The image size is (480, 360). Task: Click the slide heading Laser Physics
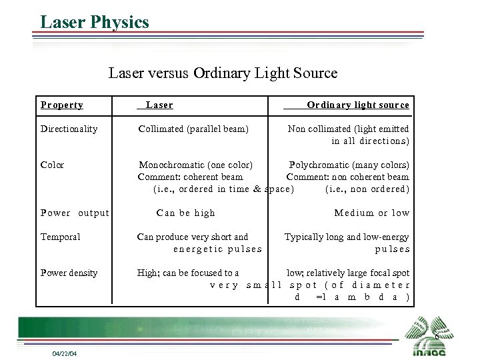tap(95, 22)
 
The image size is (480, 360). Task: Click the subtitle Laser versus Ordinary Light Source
tap(223, 73)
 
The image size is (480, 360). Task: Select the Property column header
tap(62, 105)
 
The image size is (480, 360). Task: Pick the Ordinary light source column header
tap(357, 105)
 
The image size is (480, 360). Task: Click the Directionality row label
tap(69, 129)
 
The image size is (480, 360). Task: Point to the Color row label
tap(52, 165)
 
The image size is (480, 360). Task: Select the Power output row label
tap(75, 213)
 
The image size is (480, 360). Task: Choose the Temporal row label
tap(60, 237)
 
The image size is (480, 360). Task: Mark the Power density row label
tap(69, 273)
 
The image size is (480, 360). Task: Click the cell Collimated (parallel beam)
tap(193, 129)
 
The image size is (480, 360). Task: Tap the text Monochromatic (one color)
tap(195, 165)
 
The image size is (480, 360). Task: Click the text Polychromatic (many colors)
tap(349, 165)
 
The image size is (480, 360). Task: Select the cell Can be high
tap(185, 213)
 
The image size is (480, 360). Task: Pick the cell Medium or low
tap(371, 213)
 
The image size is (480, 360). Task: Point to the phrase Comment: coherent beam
tap(190, 177)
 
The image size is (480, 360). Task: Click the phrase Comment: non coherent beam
tap(347, 177)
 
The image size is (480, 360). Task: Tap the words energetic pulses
tap(217, 249)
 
